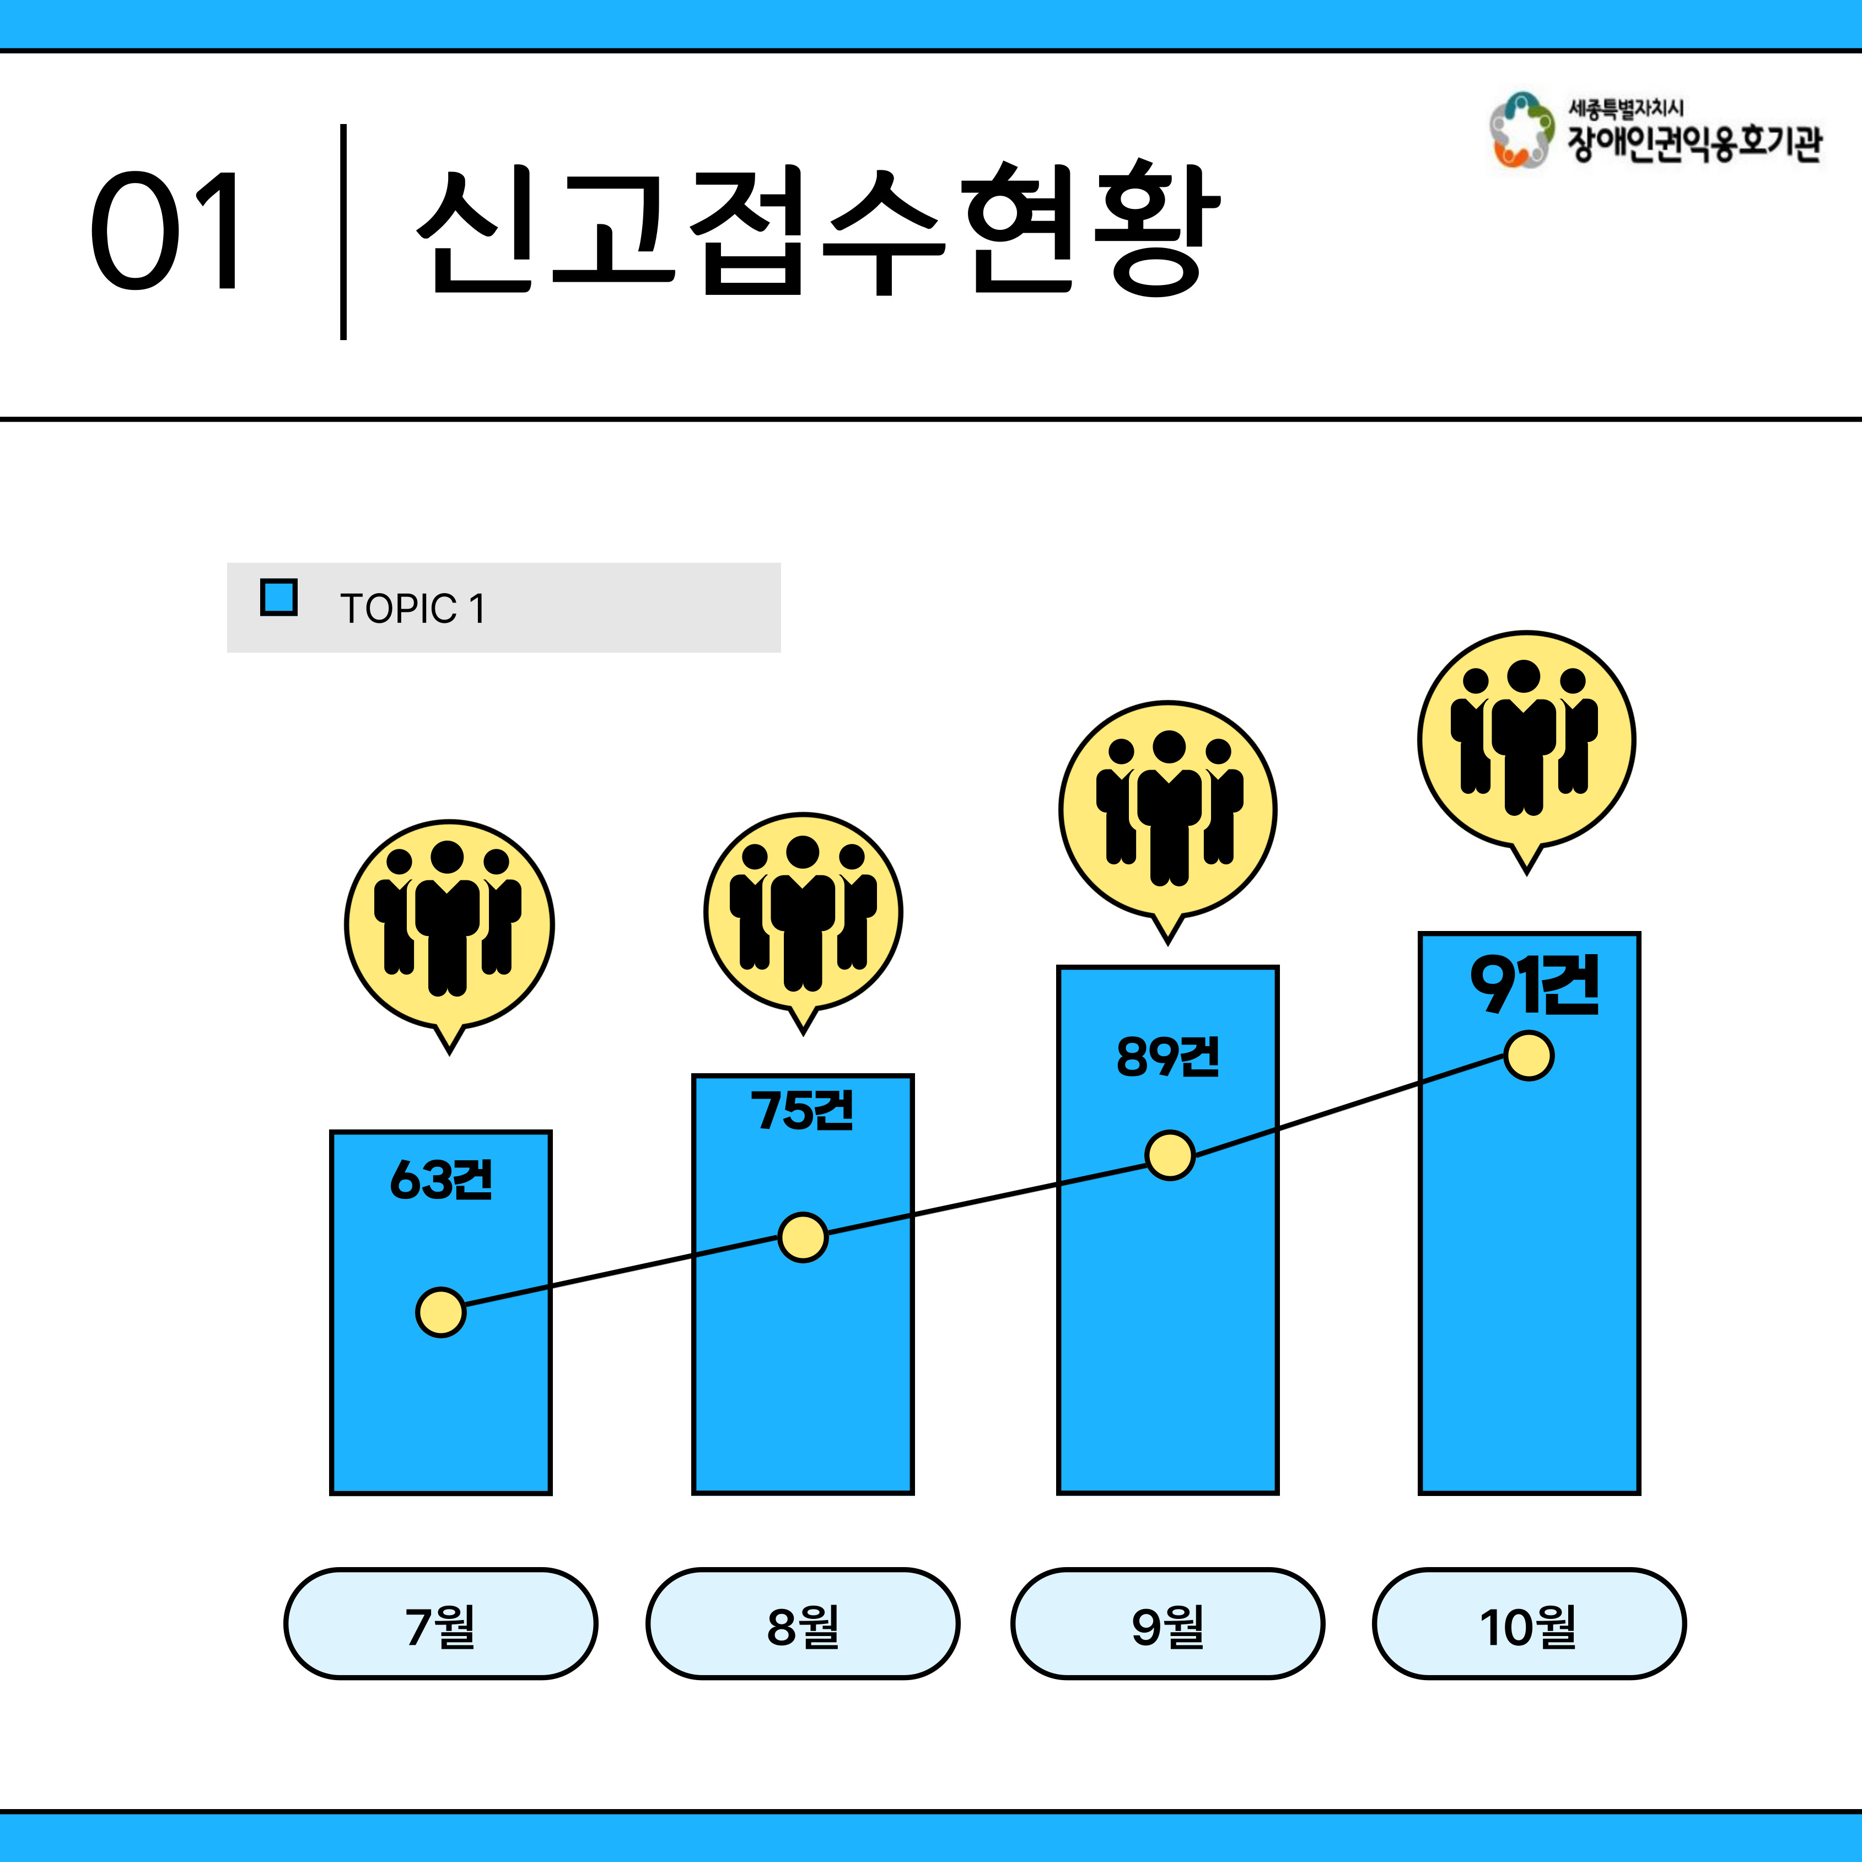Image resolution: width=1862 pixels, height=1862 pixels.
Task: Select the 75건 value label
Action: click(x=802, y=1110)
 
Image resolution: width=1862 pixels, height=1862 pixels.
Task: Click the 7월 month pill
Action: click(x=440, y=1624)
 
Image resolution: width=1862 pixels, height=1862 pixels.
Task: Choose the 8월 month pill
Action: click(x=803, y=1624)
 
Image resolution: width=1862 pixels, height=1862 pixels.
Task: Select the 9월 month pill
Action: click(x=1167, y=1624)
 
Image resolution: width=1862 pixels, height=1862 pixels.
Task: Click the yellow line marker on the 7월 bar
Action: click(x=440, y=1312)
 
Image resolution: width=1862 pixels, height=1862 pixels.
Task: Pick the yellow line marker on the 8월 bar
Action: click(x=803, y=1237)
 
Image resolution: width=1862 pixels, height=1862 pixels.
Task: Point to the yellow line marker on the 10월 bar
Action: click(x=1529, y=1056)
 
